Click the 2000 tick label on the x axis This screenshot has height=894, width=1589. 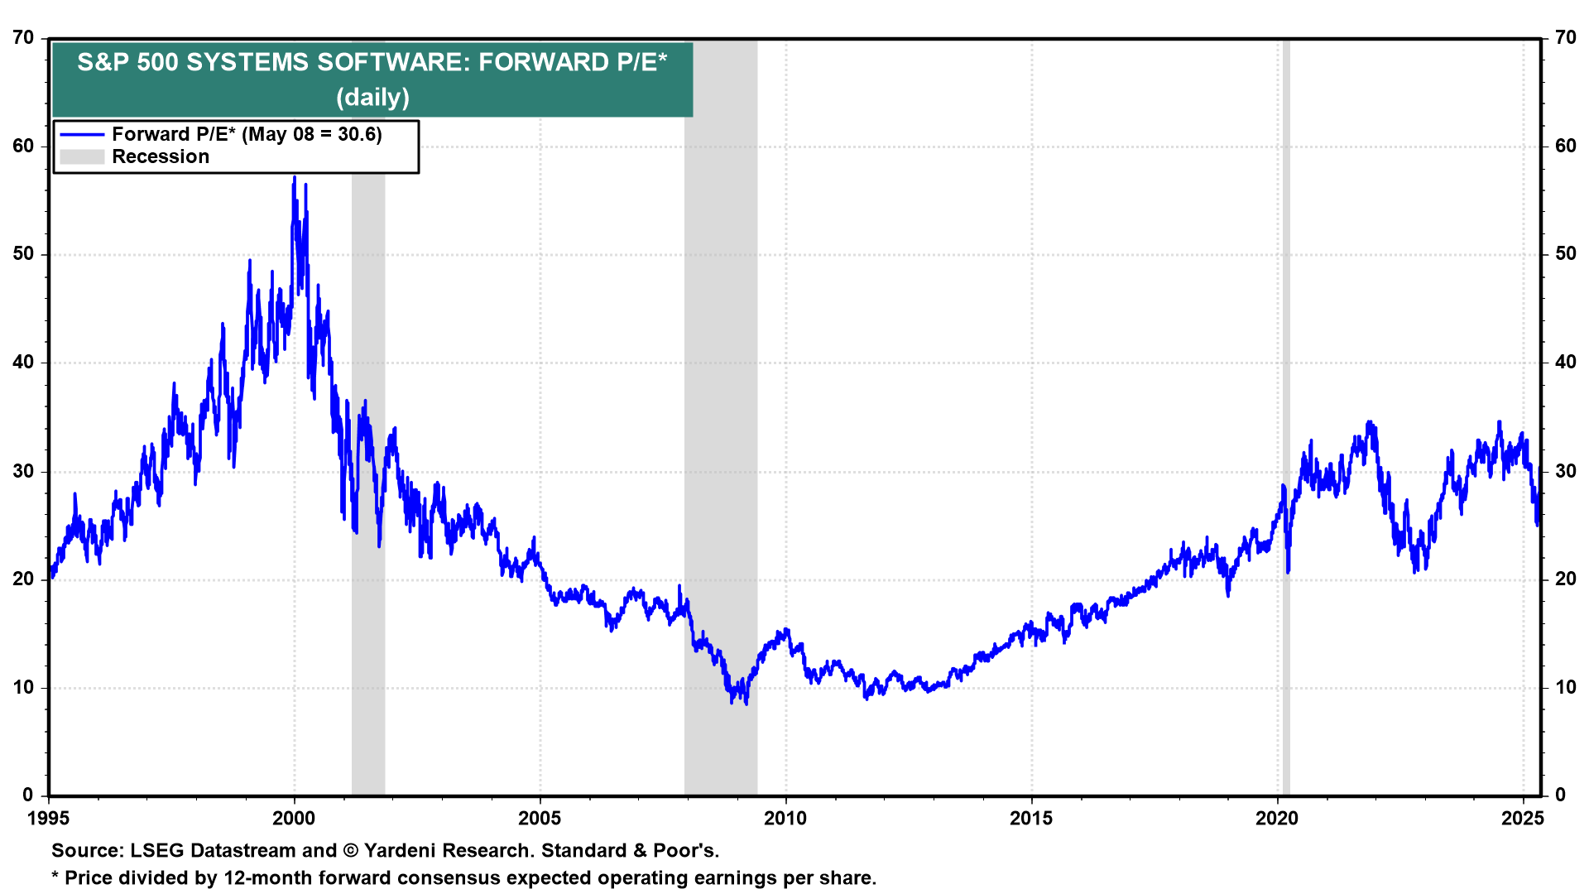[294, 819]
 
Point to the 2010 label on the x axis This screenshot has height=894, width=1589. [785, 819]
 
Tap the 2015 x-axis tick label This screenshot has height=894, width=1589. [1031, 819]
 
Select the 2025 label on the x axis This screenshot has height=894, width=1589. [1523, 819]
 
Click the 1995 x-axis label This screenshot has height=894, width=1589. [49, 819]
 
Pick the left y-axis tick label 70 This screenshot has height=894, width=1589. [23, 38]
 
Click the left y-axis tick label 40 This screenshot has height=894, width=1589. [23, 363]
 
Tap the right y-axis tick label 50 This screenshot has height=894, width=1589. [1566, 254]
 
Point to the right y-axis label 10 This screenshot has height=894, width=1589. [1566, 687]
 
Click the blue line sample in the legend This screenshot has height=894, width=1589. [82, 134]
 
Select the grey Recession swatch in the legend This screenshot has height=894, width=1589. [82, 156]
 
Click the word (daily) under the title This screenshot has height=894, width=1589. [372, 97]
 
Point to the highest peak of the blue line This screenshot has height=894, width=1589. [294, 177]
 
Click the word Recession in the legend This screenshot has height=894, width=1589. [161, 156]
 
